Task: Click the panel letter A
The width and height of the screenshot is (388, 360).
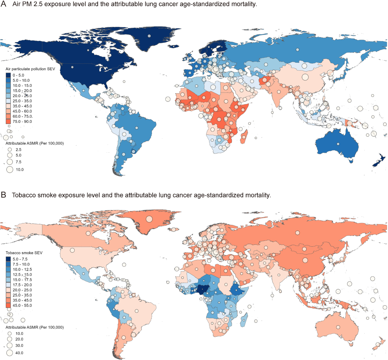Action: click(4, 4)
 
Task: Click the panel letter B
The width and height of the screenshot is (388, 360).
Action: click(4, 195)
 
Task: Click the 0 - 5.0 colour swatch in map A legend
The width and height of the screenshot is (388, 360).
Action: click(8, 75)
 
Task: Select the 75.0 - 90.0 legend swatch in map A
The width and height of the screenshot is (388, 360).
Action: click(8, 121)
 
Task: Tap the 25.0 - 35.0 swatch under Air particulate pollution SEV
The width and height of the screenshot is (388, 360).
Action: click(8, 101)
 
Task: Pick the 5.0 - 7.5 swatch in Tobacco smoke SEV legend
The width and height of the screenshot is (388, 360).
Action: click(8, 259)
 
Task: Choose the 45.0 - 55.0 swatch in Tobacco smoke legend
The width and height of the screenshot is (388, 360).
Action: click(8, 305)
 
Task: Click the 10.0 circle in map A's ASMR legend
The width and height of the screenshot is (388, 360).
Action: click(10, 169)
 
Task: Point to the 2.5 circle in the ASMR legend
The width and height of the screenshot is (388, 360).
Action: click(10, 150)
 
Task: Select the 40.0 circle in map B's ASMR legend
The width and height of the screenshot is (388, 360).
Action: click(10, 353)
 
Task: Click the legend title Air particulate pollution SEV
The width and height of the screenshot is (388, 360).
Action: click(30, 69)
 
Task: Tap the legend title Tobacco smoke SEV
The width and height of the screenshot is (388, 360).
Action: click(24, 253)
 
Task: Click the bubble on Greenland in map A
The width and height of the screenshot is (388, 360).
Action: click(149, 36)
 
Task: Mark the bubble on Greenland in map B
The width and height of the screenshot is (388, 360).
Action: click(149, 219)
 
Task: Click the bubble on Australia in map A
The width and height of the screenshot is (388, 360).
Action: click(338, 144)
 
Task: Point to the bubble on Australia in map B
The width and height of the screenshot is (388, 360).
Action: click(338, 327)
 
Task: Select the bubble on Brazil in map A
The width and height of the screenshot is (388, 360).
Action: click(137, 128)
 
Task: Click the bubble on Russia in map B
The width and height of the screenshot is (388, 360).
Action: click(297, 233)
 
